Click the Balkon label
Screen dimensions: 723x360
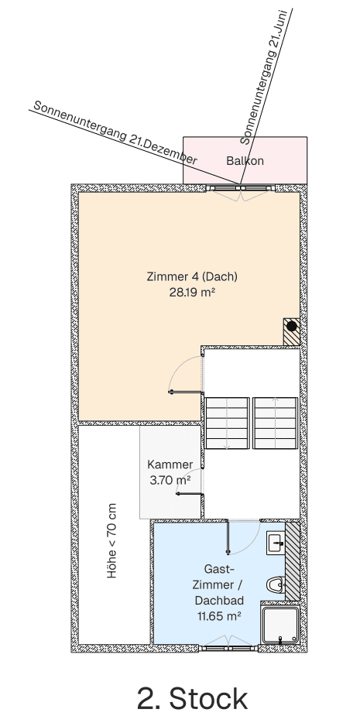[245, 161]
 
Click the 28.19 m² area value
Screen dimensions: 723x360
[192, 293]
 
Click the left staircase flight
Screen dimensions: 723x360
[227, 423]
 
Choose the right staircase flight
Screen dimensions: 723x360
[276, 423]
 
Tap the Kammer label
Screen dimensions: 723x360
[170, 464]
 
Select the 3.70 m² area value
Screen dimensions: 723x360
[170, 480]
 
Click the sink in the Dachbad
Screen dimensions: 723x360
[275, 543]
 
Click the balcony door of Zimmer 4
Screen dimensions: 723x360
[241, 188]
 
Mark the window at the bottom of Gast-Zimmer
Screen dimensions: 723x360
[227, 646]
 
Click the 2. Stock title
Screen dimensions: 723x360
[192, 697]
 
